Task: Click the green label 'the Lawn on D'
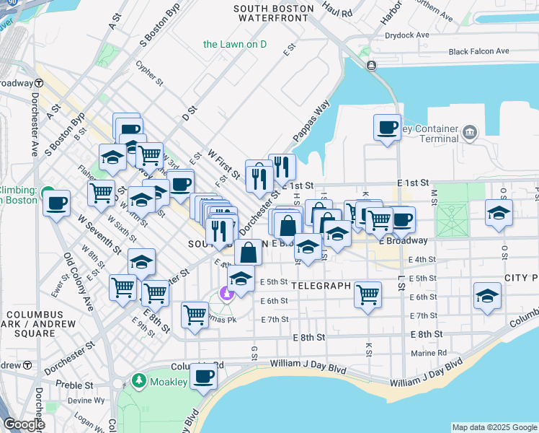[235, 44]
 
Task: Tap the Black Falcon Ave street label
[478, 51]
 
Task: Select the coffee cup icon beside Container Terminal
[387, 128]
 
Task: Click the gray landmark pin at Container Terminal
[470, 132]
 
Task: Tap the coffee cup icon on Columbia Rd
[204, 376]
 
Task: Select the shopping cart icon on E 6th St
[367, 294]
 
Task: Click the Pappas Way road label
[311, 121]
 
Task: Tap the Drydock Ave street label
[406, 35]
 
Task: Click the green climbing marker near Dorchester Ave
[49, 193]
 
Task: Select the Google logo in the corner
[24, 424]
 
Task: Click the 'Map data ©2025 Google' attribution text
[494, 427]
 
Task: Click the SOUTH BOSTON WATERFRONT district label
[274, 14]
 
